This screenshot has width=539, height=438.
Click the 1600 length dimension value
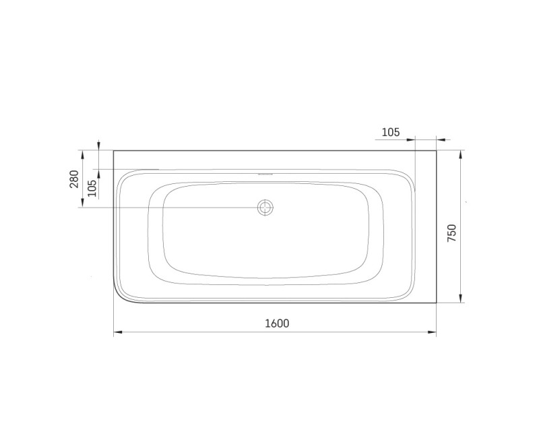coord(276,323)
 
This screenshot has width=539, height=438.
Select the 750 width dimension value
coord(452,232)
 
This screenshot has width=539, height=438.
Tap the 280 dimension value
coord(74,179)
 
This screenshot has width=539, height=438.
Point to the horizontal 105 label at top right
coord(391,132)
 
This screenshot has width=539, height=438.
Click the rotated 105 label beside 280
coord(92,187)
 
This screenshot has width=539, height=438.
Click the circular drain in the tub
coord(265,208)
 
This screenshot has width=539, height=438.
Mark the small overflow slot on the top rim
coord(265,172)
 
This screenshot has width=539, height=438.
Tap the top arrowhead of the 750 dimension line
coord(461,154)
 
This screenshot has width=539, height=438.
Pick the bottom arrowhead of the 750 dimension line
coord(461,299)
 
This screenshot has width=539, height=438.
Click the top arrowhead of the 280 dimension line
coord(83,154)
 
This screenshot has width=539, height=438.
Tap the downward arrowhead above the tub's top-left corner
coord(99,146)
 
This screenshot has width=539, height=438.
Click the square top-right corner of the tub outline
coord(437,150)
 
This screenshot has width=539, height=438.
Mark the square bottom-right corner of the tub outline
coord(437,303)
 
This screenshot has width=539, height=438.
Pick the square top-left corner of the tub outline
coord(113,150)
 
